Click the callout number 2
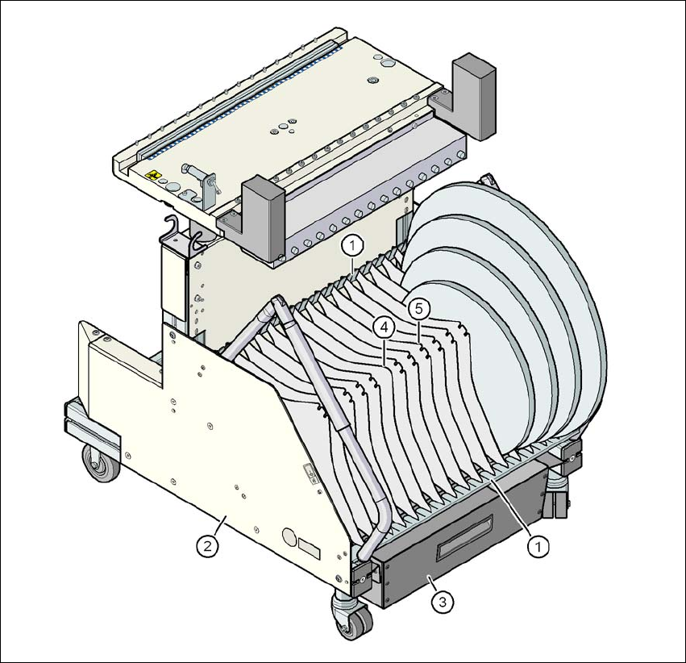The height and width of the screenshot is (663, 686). click(208, 546)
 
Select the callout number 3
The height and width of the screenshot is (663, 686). click(443, 603)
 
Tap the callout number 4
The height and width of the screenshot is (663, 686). click(385, 327)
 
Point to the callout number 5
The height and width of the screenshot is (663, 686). click(419, 310)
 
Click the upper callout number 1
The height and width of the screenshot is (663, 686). click(353, 246)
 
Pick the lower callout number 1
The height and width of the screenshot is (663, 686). click(538, 546)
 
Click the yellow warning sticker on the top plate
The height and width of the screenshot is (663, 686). click(152, 176)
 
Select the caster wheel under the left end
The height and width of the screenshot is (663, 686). click(100, 464)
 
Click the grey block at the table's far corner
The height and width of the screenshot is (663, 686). click(474, 97)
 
